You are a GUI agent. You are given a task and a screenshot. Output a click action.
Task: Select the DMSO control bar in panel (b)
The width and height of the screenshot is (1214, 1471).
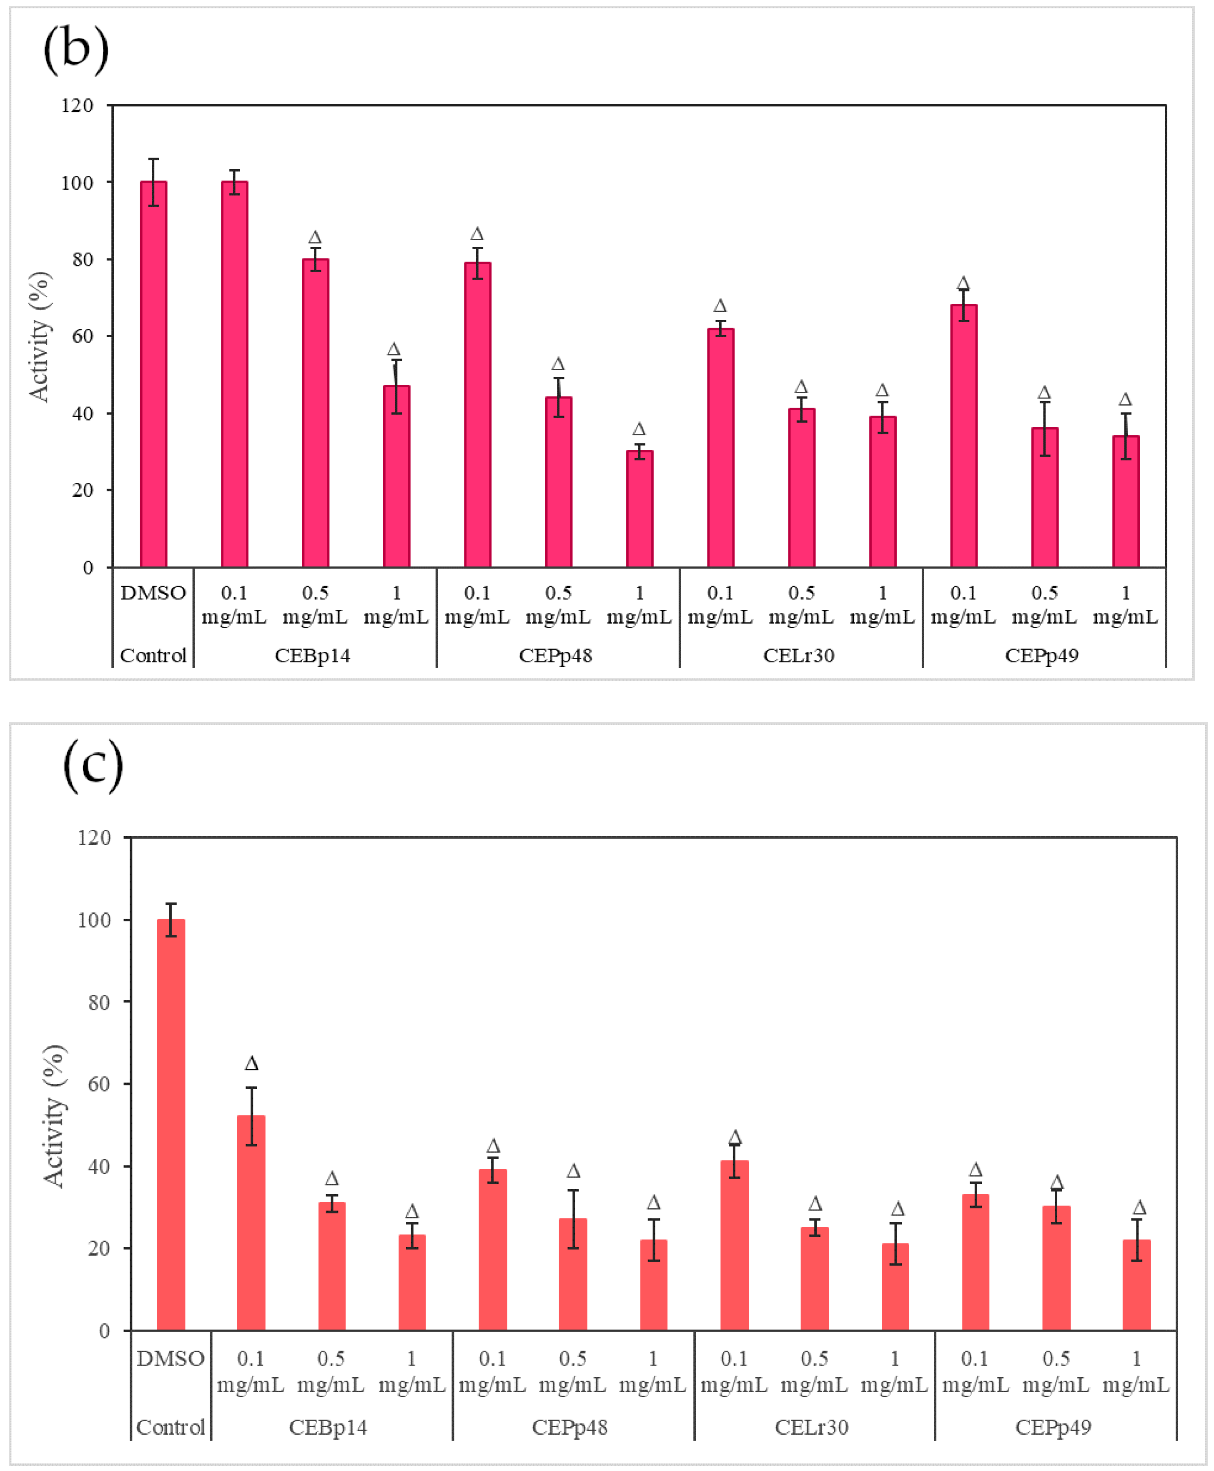153,374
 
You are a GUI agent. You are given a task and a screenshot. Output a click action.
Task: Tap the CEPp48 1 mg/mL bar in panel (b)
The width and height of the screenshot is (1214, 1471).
639,509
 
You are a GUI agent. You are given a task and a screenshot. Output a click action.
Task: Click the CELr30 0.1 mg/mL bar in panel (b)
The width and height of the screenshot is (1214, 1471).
720,447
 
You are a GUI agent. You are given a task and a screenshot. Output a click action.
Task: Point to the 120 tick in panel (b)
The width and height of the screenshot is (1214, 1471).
77,105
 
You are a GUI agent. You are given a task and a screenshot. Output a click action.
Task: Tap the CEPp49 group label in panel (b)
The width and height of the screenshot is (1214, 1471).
1041,655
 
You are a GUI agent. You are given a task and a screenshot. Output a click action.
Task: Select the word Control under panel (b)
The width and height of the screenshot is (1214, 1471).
153,655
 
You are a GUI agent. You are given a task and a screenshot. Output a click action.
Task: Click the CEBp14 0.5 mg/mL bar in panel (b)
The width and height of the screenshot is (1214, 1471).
316,413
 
